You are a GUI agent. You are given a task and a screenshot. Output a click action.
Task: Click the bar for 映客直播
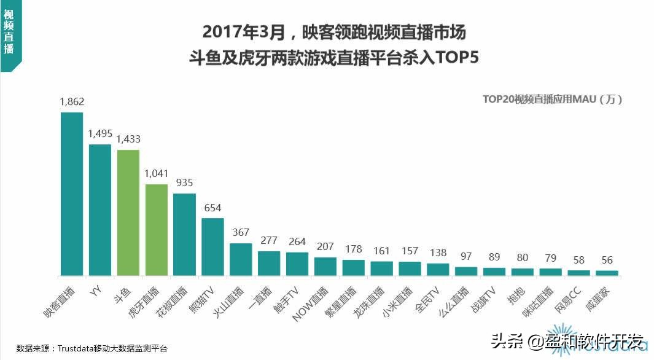72,194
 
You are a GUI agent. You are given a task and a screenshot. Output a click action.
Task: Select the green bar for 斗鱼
128,213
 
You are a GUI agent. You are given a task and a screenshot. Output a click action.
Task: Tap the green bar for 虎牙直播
157,230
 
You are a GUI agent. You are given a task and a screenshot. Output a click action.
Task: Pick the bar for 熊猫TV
212,246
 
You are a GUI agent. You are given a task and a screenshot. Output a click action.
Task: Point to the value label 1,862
72,101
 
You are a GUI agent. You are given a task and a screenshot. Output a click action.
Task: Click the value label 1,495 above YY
100,133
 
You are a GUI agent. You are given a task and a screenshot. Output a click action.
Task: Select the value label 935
185,182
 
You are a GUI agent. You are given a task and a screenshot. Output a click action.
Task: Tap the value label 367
241,232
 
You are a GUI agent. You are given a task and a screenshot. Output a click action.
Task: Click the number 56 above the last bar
607,260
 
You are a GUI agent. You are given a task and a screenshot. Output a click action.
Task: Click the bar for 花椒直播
185,234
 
